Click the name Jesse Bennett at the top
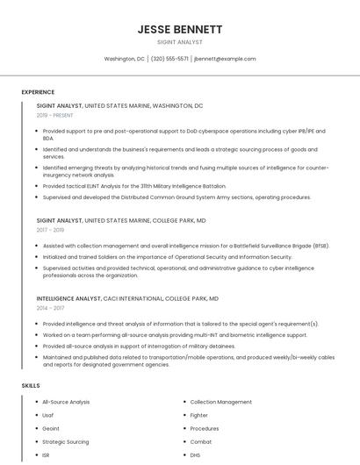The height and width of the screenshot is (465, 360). coord(179,29)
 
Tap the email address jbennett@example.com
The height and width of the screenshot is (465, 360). coord(225,59)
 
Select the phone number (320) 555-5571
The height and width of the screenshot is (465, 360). coord(169,59)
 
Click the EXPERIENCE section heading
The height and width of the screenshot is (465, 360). coord(38,92)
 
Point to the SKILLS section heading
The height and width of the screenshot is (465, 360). coord(30,385)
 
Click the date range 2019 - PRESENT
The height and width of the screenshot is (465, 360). coord(55,115)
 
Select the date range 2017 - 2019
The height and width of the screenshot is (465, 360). coord(51,230)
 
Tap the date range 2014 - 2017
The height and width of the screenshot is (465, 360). coord(51,308)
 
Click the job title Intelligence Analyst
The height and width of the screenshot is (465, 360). coord(68,298)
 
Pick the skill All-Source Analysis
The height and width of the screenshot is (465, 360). coord(66,402)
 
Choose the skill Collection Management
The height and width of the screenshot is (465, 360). coord(220,402)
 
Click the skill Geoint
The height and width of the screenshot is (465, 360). coord(51,428)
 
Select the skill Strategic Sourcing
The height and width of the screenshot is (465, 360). coord(66,441)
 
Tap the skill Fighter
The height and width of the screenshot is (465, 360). coord(199,415)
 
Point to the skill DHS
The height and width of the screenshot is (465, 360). coord(196,454)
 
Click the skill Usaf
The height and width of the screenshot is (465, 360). coord(48,415)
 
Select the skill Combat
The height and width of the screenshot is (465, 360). coord(201,441)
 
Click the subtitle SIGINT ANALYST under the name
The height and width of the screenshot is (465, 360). coord(179,42)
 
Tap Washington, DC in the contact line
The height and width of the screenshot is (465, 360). coord(125,59)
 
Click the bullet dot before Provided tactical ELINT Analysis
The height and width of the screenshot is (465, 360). coord(36,186)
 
